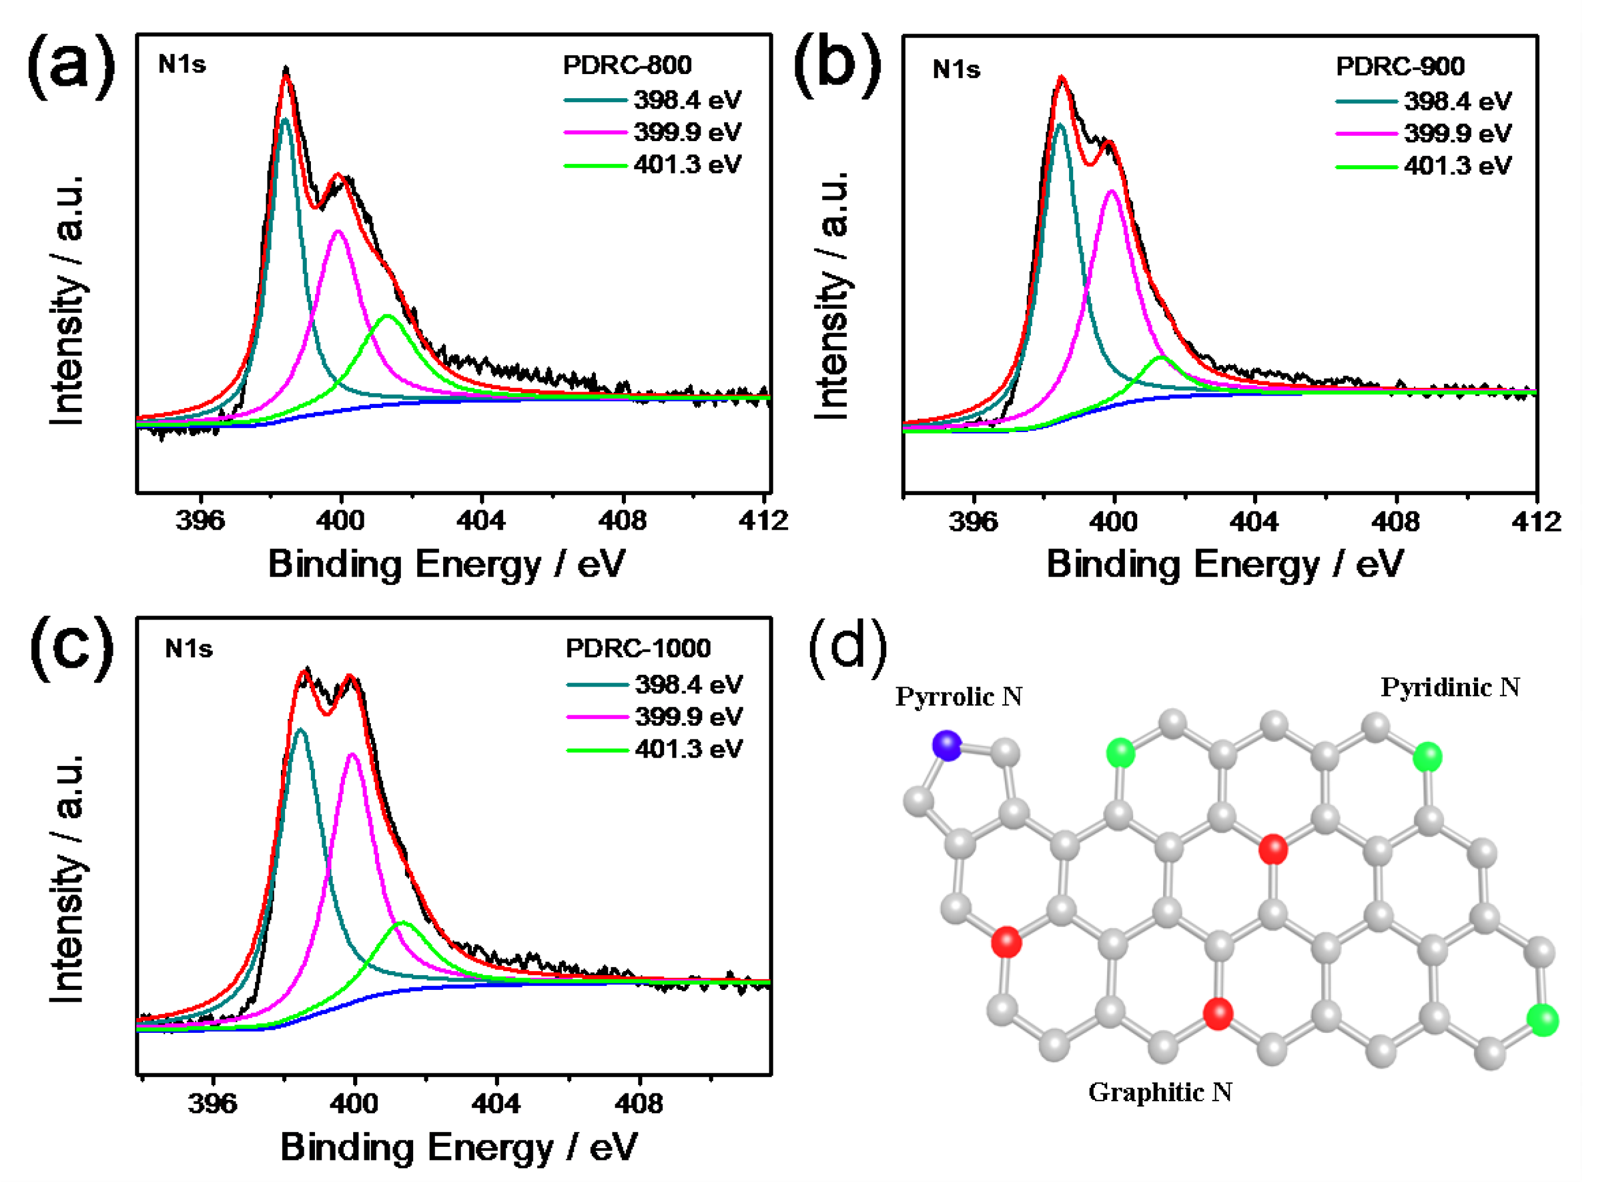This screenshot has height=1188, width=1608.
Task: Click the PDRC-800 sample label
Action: pos(627,65)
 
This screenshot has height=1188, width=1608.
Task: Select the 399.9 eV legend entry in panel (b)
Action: pos(1457,134)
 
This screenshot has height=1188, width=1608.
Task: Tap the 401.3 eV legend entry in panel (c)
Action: pos(688,750)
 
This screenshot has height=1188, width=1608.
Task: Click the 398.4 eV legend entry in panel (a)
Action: pos(686,100)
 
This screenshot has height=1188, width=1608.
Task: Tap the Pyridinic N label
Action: pos(1450,688)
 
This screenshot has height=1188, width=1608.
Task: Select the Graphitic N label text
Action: pos(1160,1092)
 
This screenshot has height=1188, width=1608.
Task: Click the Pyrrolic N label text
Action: pos(958,697)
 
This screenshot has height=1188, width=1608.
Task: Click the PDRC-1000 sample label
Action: pos(638,648)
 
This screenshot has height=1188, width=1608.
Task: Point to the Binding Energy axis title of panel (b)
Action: pos(1224,564)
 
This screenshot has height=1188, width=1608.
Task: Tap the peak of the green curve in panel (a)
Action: pos(387,316)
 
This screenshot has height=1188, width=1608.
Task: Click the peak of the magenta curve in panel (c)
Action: pos(352,754)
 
